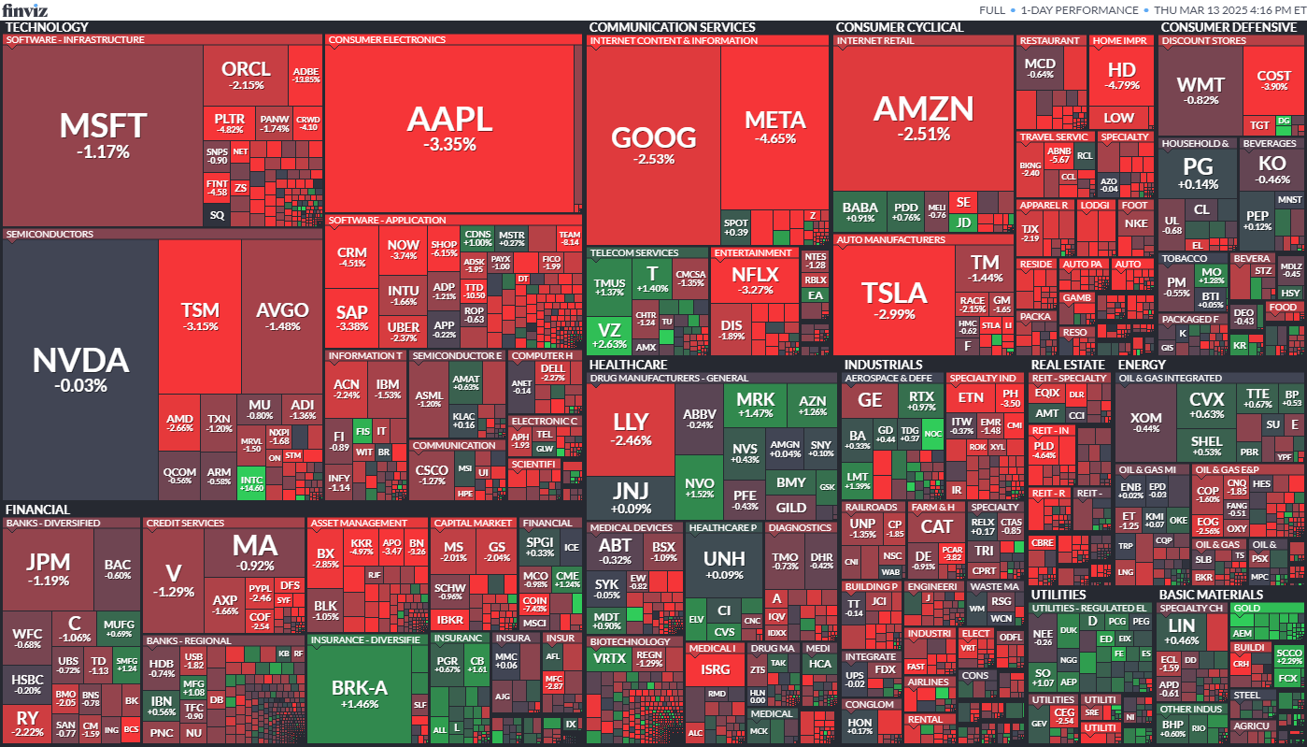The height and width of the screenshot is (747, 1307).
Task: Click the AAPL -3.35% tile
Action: (449, 128)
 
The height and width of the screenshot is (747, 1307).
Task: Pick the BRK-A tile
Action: (360, 693)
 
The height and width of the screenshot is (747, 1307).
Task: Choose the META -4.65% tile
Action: (774, 127)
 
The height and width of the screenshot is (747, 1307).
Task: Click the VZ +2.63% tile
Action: (608, 336)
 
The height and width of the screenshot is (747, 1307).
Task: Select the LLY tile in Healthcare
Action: (631, 428)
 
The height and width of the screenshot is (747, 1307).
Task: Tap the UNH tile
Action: (724, 564)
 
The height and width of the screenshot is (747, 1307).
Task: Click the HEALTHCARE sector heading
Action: (628, 365)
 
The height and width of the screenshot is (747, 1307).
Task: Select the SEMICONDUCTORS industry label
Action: (50, 235)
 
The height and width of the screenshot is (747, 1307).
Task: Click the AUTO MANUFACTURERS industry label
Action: (891, 240)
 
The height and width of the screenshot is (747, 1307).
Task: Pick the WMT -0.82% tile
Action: (1200, 91)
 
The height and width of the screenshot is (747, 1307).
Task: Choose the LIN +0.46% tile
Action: (1182, 631)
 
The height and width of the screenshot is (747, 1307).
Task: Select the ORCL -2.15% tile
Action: (246, 75)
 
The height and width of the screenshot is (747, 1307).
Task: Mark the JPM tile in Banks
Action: (48, 567)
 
